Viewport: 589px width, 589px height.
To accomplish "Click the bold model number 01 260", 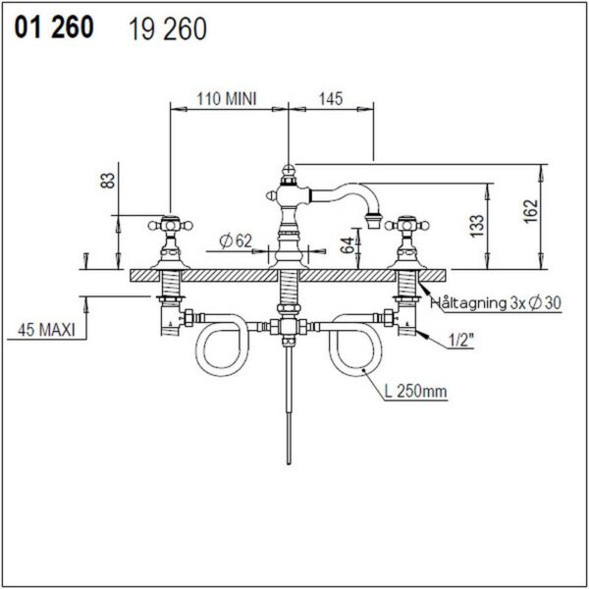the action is (54, 27).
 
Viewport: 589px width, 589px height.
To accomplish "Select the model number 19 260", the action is (168, 29).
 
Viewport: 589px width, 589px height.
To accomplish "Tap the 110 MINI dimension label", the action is (227, 99).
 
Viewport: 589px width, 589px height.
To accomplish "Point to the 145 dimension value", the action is (331, 99).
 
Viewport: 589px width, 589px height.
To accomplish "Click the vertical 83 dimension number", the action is (109, 181).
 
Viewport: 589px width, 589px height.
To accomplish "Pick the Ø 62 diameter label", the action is (237, 241).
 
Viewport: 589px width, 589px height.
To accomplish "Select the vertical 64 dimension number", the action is (348, 245).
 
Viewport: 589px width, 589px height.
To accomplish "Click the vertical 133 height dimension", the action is (477, 226).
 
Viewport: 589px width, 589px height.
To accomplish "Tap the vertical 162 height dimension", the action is (531, 211).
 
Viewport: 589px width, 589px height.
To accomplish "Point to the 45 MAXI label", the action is (46, 330).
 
